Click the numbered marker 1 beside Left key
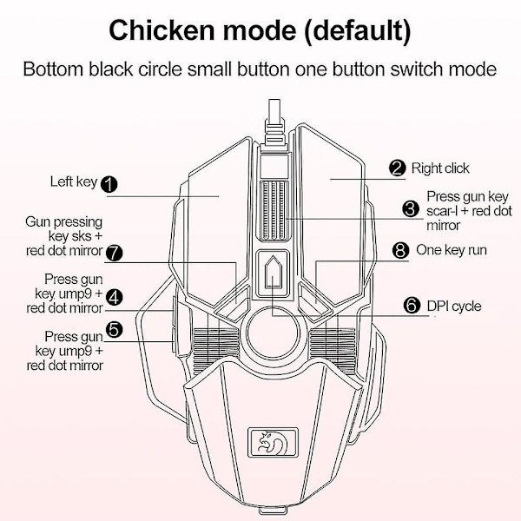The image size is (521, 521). coord(109,183)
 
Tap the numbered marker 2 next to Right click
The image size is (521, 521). coord(398,168)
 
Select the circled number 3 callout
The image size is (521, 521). coord(411,209)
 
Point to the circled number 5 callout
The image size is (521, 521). coord(114,328)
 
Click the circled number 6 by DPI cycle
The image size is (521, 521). coord(412,306)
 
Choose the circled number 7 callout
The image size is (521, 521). coord(114,252)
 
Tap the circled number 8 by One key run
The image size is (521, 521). coord(400,250)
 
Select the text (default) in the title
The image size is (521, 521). coord(346,31)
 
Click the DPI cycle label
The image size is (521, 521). coord(454,306)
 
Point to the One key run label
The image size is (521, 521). coord(452,250)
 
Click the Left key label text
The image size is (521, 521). coord(73,182)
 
